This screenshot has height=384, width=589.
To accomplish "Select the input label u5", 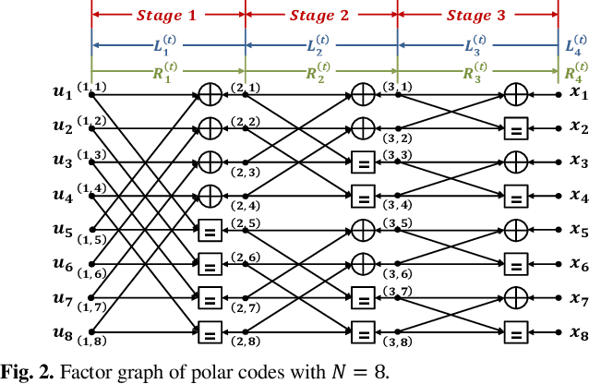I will tap(62, 229).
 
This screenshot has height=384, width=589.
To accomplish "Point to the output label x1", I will tap(578, 92).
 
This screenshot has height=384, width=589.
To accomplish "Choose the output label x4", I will tap(578, 196).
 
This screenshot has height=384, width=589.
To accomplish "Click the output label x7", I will tap(578, 299).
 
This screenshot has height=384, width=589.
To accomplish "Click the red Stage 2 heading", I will tap(320, 15).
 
